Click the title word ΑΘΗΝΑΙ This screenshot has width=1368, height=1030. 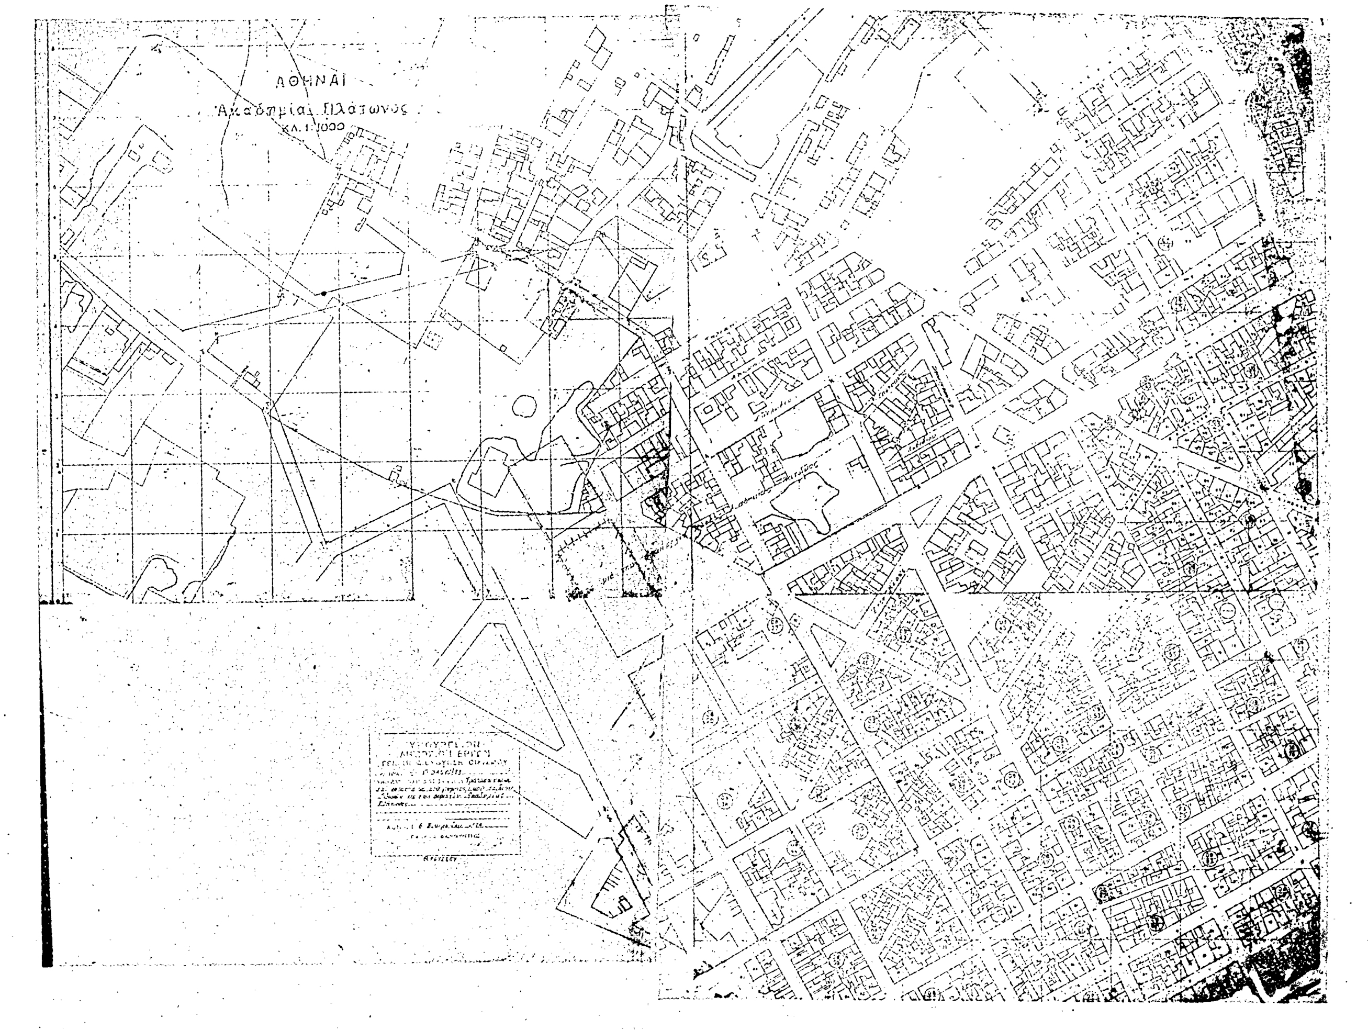click(311, 81)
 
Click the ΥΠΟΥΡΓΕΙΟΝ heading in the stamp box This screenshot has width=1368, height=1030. click(443, 741)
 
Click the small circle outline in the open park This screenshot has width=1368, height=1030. click(524, 407)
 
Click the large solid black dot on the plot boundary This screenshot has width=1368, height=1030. click(323, 293)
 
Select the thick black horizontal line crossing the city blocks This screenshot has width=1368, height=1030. click(1051, 594)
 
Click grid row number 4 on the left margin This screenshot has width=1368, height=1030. click(57, 326)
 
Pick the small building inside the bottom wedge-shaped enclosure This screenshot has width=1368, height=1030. click(625, 904)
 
